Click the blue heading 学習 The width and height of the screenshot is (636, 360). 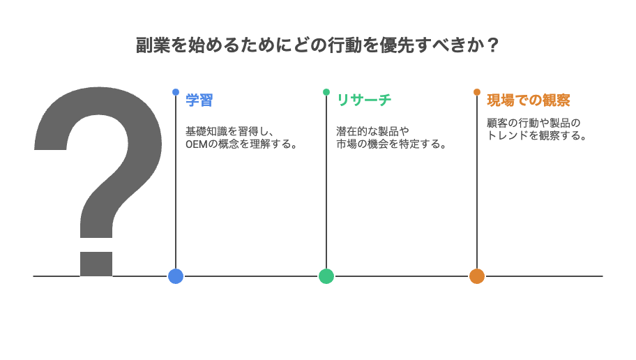click(x=199, y=100)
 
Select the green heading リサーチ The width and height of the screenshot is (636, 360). click(x=364, y=100)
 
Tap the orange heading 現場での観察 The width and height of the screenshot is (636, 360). click(x=529, y=100)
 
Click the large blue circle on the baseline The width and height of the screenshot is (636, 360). click(x=176, y=276)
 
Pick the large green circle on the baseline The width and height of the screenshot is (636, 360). click(x=326, y=276)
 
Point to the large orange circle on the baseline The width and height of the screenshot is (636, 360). click(x=477, y=276)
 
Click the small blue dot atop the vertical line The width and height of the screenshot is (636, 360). click(x=176, y=92)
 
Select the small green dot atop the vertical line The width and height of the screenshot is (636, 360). click(x=326, y=92)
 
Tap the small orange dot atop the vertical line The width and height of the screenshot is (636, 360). click(x=477, y=92)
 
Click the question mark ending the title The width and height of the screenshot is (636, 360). click(x=492, y=45)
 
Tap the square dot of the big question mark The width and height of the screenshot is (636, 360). click(x=96, y=264)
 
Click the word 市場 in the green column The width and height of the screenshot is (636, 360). click(x=347, y=144)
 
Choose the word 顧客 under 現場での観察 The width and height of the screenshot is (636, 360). click(x=497, y=123)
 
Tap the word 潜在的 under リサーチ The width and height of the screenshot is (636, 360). click(x=352, y=131)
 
